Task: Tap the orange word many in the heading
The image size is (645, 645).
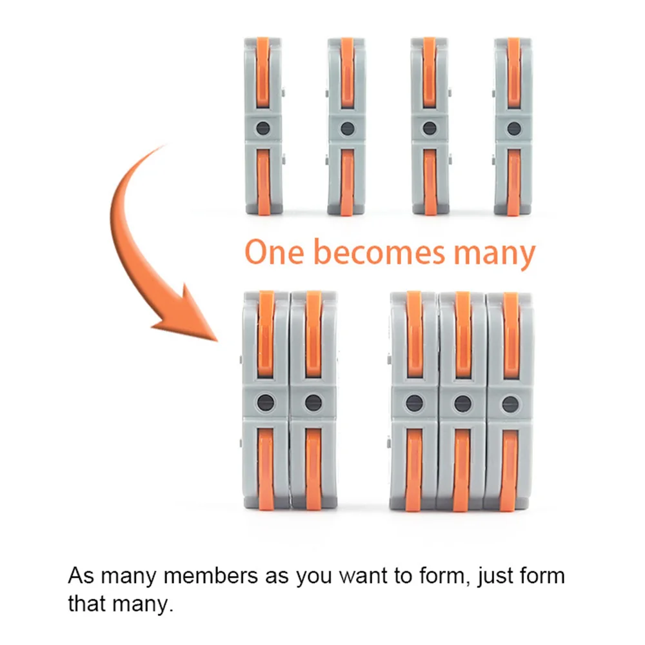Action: pos(494,253)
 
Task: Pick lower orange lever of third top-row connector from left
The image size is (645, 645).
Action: pos(430,181)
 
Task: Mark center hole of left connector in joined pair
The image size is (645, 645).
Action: pos(265,403)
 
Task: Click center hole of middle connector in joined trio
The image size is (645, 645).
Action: pos(462,404)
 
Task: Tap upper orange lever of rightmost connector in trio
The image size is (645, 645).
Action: pos(510,335)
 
